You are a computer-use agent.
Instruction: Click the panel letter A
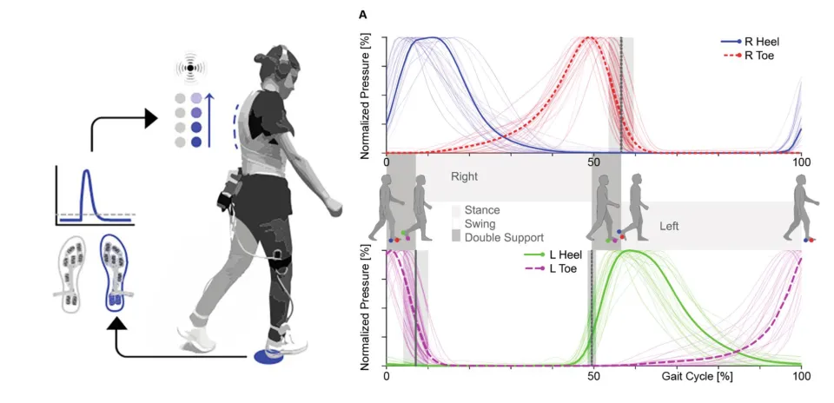pyautogui.click(x=362, y=15)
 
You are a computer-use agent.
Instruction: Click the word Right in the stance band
pyautogui.click(x=465, y=176)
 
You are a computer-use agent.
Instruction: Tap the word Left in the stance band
pyautogui.click(x=669, y=226)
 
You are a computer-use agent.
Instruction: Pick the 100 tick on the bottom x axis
pyautogui.click(x=801, y=378)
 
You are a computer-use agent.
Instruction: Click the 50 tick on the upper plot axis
pyautogui.click(x=592, y=162)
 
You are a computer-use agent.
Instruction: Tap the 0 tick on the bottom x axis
pyautogui.click(x=386, y=378)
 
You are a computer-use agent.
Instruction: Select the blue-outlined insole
pyautogui.click(x=116, y=272)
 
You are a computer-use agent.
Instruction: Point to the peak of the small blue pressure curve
pyautogui.click(x=86, y=172)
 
